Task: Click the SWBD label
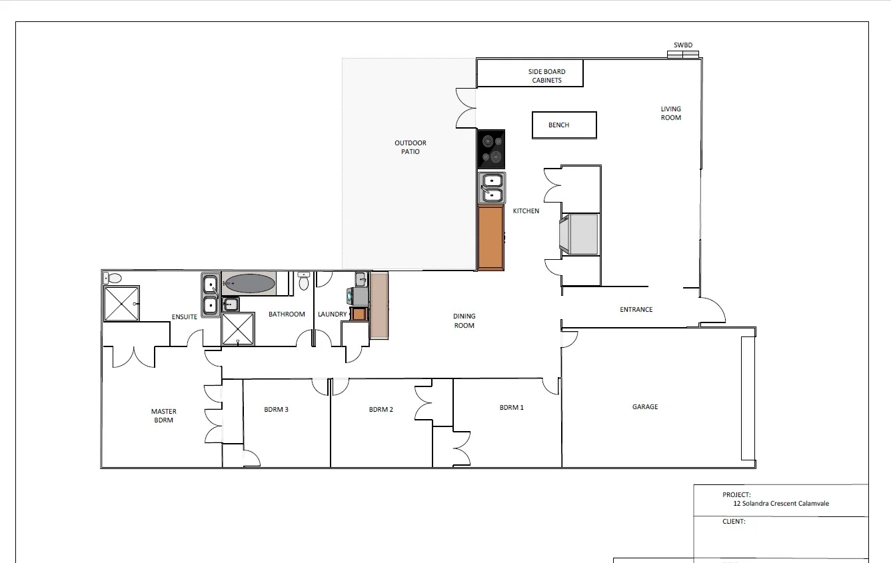point(683,45)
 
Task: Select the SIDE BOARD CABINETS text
point(546,76)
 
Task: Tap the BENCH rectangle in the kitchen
point(564,125)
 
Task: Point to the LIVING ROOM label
point(670,113)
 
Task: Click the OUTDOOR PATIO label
point(410,147)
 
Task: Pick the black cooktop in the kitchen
point(491,149)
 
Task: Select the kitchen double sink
point(492,187)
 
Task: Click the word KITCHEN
point(526,211)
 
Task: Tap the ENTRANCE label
point(636,310)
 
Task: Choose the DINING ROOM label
point(464,321)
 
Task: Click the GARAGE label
point(644,407)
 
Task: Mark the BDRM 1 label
point(511,407)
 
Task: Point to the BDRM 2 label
point(381,410)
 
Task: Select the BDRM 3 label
point(276,410)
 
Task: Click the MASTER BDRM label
point(163,416)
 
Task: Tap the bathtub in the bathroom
point(249,284)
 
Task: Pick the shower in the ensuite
point(121,304)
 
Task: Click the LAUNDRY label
point(332,314)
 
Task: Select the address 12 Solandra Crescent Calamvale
point(780,504)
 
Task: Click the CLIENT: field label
point(734,522)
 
